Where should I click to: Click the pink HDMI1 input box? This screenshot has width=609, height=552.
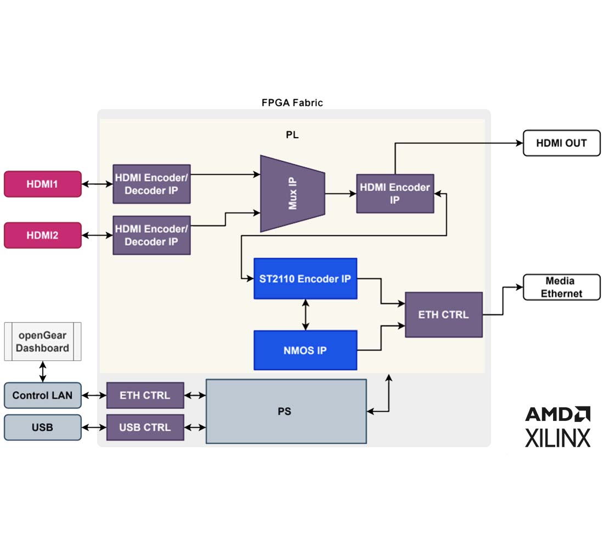[x=43, y=184]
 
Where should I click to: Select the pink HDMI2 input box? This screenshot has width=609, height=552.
[x=43, y=235]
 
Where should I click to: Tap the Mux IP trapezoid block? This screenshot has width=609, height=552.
[x=292, y=194]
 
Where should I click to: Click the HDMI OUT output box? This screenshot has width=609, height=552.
[x=561, y=143]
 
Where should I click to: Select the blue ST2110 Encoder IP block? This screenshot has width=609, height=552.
[x=305, y=279]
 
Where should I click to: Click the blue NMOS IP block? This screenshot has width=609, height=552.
[x=305, y=350]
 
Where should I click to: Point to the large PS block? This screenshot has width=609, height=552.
[x=286, y=411]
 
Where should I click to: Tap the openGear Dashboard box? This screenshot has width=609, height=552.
[x=43, y=341]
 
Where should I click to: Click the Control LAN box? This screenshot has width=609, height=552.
[x=43, y=395]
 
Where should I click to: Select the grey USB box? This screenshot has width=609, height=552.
[x=43, y=427]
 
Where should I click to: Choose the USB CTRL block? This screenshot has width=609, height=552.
[x=145, y=427]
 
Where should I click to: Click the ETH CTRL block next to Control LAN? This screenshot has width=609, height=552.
[x=145, y=395]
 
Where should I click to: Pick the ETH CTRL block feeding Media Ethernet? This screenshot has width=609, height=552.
[x=443, y=314]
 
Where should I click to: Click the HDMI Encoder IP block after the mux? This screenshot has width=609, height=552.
[x=395, y=194]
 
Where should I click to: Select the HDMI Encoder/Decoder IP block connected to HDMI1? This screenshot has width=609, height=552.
[x=151, y=184]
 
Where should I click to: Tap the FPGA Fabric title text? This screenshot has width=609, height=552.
[x=292, y=103]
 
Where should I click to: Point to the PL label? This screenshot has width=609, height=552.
[x=292, y=135]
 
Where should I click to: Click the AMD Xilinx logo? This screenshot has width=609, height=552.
[x=557, y=427]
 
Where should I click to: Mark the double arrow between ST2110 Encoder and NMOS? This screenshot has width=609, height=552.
[x=305, y=314]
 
